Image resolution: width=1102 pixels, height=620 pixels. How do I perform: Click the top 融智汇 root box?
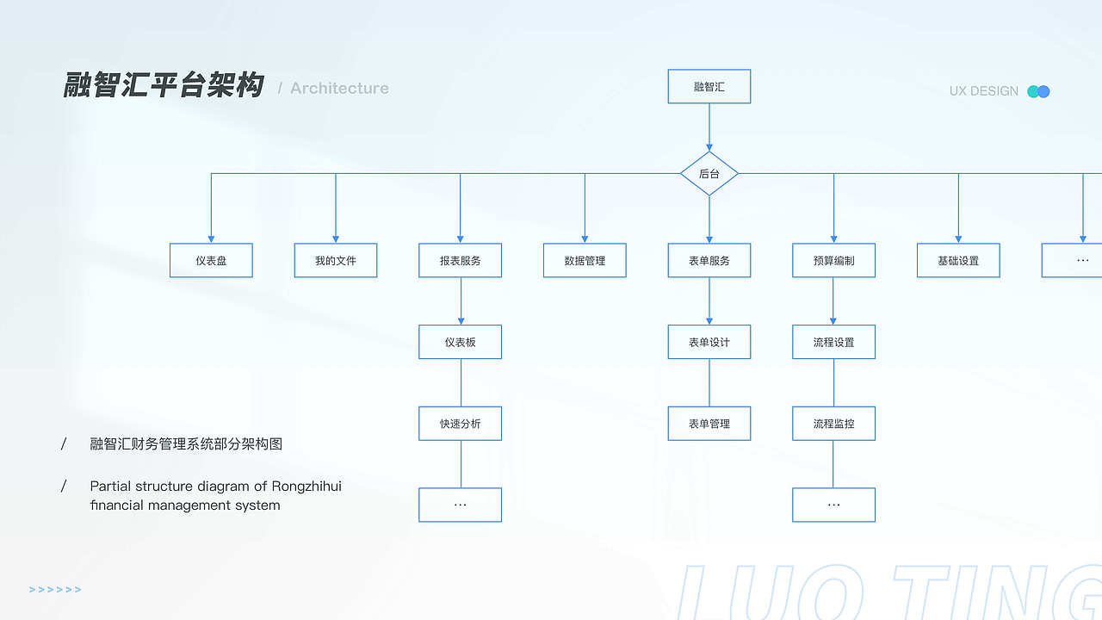coord(709,87)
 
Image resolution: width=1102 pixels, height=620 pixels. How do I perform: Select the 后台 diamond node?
coord(709,174)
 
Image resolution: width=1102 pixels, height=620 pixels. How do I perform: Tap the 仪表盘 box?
coord(211,260)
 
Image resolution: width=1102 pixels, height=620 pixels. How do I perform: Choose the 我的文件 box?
coord(336,260)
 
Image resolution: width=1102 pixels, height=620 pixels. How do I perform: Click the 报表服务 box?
coord(460,260)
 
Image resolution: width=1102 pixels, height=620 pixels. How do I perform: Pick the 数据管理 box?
coord(585,260)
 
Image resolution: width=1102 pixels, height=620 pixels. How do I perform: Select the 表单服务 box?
coord(709,260)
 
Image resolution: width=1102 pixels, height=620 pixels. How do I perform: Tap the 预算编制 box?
coord(833,260)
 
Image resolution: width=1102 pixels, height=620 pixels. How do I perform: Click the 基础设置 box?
coord(958,260)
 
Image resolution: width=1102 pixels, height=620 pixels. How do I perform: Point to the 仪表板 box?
coord(460,342)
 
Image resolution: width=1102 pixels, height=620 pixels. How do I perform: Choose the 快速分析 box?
coord(460,424)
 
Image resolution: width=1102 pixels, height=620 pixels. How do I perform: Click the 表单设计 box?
coord(709,342)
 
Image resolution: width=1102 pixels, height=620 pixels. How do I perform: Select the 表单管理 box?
coord(709,424)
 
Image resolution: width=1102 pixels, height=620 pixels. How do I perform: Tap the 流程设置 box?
coord(833,342)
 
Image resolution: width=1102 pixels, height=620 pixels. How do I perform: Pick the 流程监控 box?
coord(833,424)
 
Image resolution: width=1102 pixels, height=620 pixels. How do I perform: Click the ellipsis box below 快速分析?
coord(460,505)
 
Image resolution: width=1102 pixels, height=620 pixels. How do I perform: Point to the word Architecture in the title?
coord(339,88)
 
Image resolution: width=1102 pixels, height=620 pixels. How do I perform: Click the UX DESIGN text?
coord(984,91)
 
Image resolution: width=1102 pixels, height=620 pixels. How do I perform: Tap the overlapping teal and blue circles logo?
coord(1038,91)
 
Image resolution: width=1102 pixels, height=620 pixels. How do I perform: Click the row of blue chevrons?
coord(55,590)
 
